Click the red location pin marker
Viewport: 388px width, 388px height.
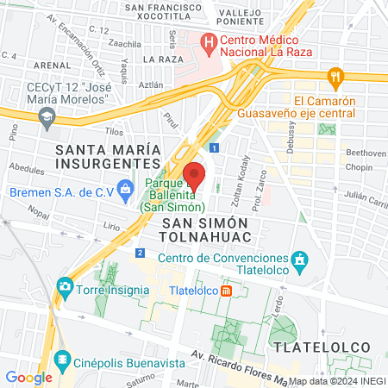pyautogui.click(x=194, y=175)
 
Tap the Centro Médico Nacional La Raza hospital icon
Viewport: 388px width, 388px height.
pyautogui.click(x=208, y=40)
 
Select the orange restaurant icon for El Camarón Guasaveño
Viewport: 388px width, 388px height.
pyautogui.click(x=335, y=77)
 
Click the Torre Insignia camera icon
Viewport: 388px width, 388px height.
pyautogui.click(x=64, y=285)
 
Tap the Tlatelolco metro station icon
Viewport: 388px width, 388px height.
pyautogui.click(x=226, y=291)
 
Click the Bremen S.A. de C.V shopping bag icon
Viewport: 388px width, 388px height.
pyautogui.click(x=126, y=187)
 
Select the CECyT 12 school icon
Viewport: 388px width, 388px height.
pyautogui.click(x=47, y=116)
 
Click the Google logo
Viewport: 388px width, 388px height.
pyautogui.click(x=28, y=377)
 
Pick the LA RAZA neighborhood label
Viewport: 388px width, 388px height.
pyautogui.click(x=161, y=59)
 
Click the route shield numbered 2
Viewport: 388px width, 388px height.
pyautogui.click(x=140, y=252)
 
